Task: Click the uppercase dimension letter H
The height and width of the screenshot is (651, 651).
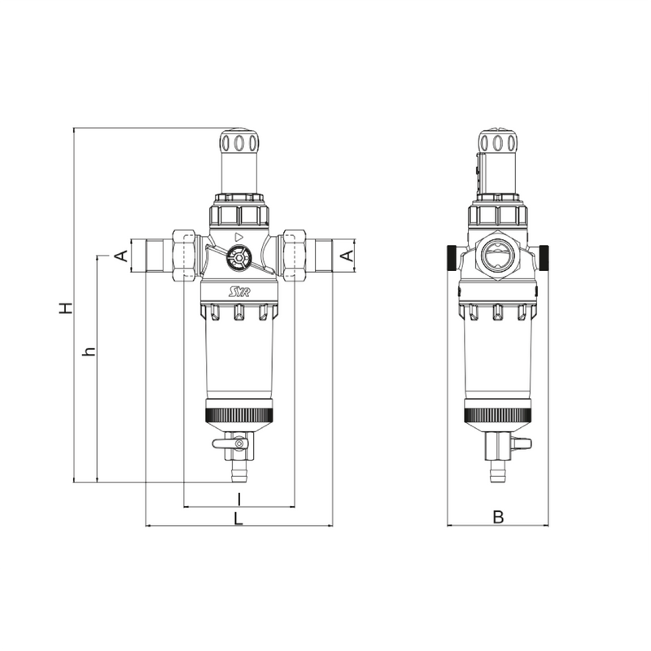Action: (x=68, y=307)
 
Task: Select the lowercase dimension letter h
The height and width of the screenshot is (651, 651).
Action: (x=90, y=352)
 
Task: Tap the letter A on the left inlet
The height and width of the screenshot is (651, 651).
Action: (x=120, y=256)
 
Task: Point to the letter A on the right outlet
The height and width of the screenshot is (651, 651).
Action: (x=346, y=256)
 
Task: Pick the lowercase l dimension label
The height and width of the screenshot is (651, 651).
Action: (x=239, y=496)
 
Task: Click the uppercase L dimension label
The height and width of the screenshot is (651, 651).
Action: (x=238, y=517)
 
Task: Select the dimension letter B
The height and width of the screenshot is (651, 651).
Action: (x=499, y=517)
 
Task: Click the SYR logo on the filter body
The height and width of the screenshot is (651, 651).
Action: (x=238, y=291)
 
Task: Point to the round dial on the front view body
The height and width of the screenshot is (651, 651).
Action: (x=238, y=260)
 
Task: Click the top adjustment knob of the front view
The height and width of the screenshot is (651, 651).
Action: (x=239, y=144)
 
